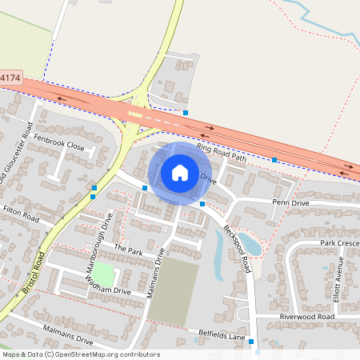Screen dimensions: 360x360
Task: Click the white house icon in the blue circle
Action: tap(180, 172)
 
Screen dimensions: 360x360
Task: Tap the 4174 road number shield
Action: tap(10, 78)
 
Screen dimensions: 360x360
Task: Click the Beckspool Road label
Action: tap(238, 247)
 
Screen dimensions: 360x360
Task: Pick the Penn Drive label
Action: tap(290, 203)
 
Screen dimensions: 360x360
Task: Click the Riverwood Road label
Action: tap(306, 317)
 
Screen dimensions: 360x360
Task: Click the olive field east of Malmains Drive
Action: tap(174, 291)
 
